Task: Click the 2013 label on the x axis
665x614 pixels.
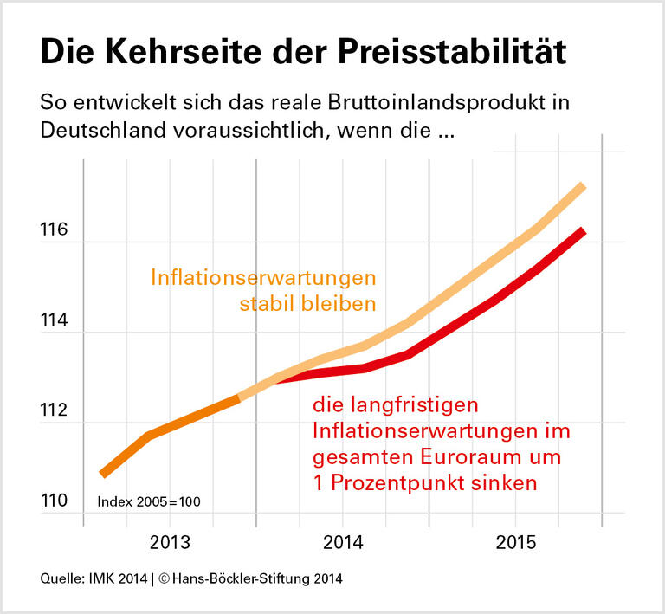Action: [x=170, y=543]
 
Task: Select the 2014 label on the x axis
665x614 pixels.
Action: [x=342, y=543]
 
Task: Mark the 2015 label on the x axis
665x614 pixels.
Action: [x=515, y=543]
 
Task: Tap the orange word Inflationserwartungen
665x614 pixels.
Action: [x=263, y=278]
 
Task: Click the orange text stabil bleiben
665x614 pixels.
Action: [x=307, y=304]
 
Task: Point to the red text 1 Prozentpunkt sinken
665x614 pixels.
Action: [x=425, y=482]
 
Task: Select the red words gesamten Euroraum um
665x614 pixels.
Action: [x=437, y=456]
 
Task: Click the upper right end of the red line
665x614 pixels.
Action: [x=584, y=231]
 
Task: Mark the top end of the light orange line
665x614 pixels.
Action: [x=583, y=186]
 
